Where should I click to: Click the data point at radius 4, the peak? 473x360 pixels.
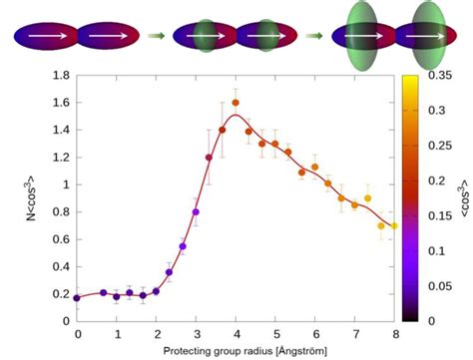(236, 103)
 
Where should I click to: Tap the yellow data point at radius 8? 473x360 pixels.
(394, 225)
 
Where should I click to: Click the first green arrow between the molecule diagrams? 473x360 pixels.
(155, 37)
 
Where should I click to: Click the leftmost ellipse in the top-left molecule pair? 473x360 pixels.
(45, 37)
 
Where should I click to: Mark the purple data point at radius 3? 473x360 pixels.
(196, 212)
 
